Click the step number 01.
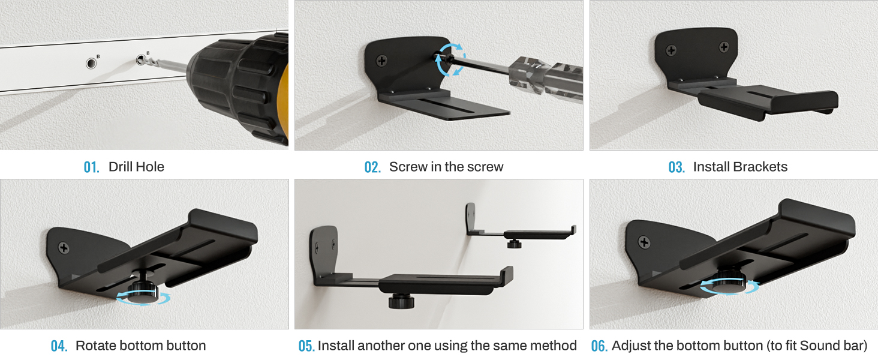[x=91, y=167]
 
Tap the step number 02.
[x=372, y=167]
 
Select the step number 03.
[x=676, y=167]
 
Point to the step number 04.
[x=59, y=346]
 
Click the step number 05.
[x=306, y=346]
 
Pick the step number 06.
[x=599, y=346]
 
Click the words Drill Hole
[x=136, y=167]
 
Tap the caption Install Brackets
[x=740, y=167]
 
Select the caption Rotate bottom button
[x=140, y=346]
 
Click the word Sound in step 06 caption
[x=818, y=346]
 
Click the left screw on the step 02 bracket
[x=381, y=60]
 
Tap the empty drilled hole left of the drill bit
[x=91, y=63]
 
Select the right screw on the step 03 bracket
[x=724, y=47]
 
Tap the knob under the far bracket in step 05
[x=513, y=244]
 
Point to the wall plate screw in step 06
[x=645, y=242]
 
